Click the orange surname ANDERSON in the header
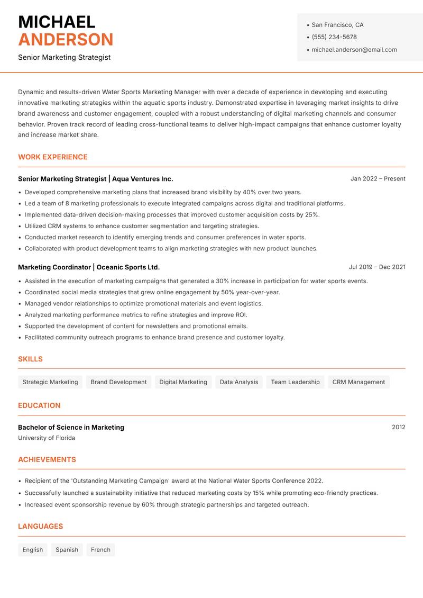pos(66,40)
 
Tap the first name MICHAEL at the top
pos(57,22)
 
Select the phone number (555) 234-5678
pos(334,37)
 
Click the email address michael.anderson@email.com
pos(354,50)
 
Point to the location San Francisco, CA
pos(337,25)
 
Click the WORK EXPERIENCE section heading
pos(52,157)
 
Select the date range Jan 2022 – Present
pos(378,179)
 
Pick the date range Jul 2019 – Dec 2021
pos(377,267)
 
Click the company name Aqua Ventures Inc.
pos(142,179)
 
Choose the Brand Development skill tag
pos(118,382)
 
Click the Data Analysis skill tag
pos(239,382)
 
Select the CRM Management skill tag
pos(358,382)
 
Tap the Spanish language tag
pos(67,550)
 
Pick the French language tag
pos(100,550)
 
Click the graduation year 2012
pos(398,427)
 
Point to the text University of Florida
pos(47,438)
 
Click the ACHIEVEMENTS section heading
pos(47,460)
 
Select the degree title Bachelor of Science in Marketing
pos(71,427)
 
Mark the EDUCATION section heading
pos(39,405)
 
